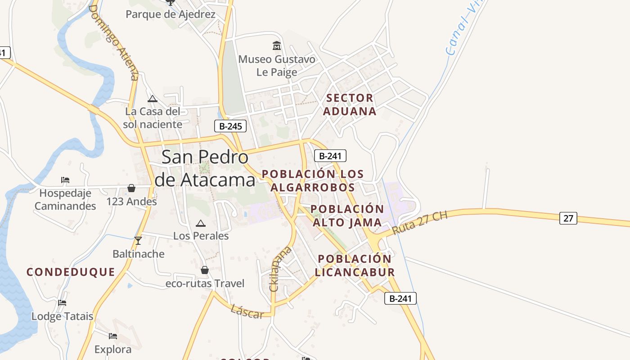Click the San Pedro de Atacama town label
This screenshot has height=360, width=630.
[x=205, y=168]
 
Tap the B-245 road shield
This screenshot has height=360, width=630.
[x=230, y=126]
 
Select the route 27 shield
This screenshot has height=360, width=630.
[x=568, y=218]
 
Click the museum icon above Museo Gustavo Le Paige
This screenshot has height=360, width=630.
[x=276, y=46]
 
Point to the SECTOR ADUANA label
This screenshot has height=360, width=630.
[x=350, y=104]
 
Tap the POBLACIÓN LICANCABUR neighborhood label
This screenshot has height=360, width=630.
[x=355, y=265]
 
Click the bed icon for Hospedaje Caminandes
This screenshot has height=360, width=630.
[x=65, y=180]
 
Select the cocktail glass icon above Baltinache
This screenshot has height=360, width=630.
[x=138, y=241]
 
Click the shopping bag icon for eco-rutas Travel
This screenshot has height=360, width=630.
[x=205, y=270]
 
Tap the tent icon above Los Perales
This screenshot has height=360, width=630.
[x=201, y=223]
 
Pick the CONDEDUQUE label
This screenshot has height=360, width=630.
[x=71, y=272]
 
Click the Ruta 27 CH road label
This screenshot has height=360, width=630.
[x=419, y=223]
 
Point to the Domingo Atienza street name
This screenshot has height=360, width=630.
[x=114, y=43]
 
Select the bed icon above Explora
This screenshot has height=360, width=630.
[x=112, y=336]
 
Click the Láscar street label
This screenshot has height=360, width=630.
[x=247, y=311]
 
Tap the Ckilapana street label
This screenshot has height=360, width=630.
[x=280, y=269]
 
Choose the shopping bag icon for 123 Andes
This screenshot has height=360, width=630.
[x=131, y=188]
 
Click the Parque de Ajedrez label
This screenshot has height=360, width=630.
[x=170, y=14]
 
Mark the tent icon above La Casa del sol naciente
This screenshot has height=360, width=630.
[x=153, y=99]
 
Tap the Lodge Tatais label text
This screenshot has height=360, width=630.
[x=62, y=316]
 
